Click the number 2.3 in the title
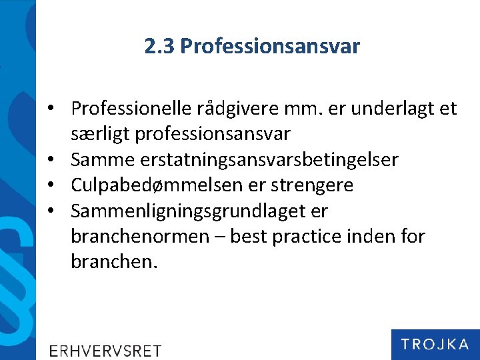pyautogui.click(x=159, y=46)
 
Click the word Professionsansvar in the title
pyautogui.click(x=270, y=47)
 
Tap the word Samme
pyautogui.click(x=101, y=160)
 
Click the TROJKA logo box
pyautogui.click(x=435, y=344)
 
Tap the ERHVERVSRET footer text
pyautogui.click(x=105, y=350)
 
